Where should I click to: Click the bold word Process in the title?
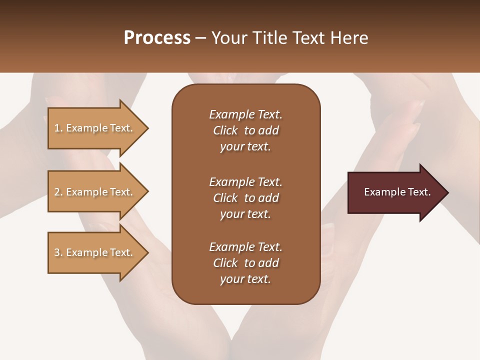click(157, 38)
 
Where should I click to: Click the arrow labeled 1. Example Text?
click(95, 128)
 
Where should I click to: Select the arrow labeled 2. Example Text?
click(95, 192)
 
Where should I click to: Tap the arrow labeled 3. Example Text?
click(95, 252)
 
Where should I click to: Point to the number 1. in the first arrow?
click(58, 128)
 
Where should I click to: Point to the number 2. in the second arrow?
click(58, 192)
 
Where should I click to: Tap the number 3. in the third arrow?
click(58, 252)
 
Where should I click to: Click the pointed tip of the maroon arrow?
click(446, 192)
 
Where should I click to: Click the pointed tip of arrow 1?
click(146, 128)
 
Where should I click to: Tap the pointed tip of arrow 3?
click(146, 252)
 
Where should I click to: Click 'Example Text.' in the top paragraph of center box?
click(245, 114)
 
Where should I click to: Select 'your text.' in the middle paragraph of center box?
click(245, 214)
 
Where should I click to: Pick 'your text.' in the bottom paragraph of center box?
click(245, 279)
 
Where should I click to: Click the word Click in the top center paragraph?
click(225, 130)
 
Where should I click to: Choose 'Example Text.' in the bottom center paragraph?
click(245, 247)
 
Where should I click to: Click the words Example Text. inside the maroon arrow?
click(397, 192)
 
